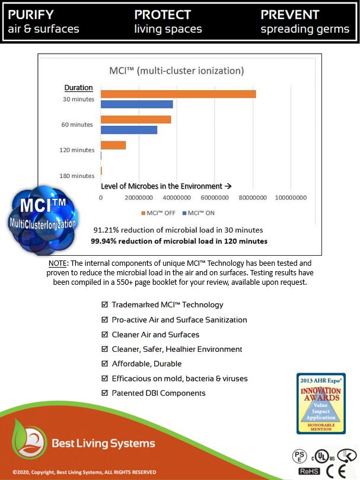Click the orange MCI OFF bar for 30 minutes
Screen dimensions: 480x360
pyautogui.click(x=178, y=94)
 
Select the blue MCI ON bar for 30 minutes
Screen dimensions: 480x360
pyautogui.click(x=136, y=104)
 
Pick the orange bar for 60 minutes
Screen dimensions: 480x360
pyautogui.click(x=136, y=119)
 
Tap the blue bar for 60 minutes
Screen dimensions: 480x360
pyautogui.click(x=129, y=130)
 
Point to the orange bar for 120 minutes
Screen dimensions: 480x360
pyautogui.click(x=113, y=145)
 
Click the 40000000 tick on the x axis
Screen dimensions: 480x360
pyautogui.click(x=176, y=198)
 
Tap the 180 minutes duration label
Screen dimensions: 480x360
pyautogui.click(x=77, y=176)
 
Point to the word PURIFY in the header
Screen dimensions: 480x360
pyautogui.click(x=31, y=14)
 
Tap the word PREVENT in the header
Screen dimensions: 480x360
pyautogui.click(x=290, y=14)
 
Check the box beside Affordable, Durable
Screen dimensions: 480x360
pyautogui.click(x=105, y=364)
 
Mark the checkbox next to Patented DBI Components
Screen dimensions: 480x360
pyautogui.click(x=105, y=393)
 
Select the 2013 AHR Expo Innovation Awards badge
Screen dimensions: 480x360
pyautogui.click(x=321, y=403)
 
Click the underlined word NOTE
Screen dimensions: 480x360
pyautogui.click(x=58, y=262)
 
